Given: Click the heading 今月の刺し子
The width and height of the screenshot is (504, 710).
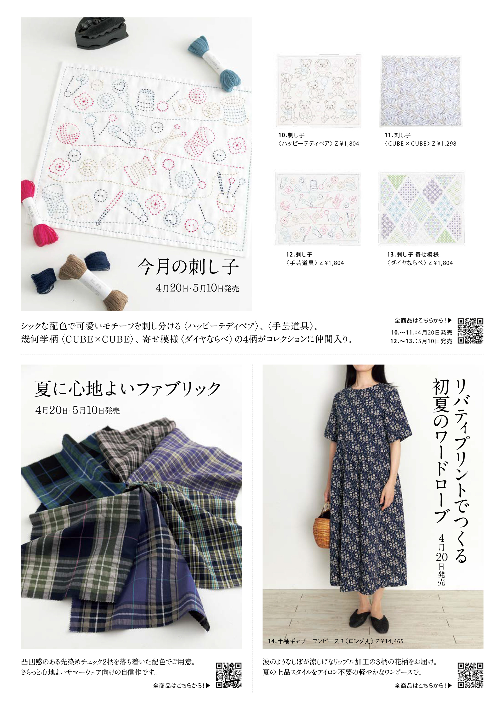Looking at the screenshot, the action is [x=188, y=267].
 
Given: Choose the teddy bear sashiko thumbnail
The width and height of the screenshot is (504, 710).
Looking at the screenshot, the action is [x=319, y=91].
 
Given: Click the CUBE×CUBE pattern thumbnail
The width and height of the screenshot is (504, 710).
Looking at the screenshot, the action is [x=421, y=91].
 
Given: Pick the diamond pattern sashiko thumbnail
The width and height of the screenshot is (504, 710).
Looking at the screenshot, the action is [x=421, y=209].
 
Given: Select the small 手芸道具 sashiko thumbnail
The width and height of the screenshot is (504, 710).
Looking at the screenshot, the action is [x=318, y=209].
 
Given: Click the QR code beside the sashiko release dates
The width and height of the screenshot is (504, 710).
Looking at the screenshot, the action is [x=470, y=331].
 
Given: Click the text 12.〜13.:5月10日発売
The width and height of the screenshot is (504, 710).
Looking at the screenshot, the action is [x=421, y=341].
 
